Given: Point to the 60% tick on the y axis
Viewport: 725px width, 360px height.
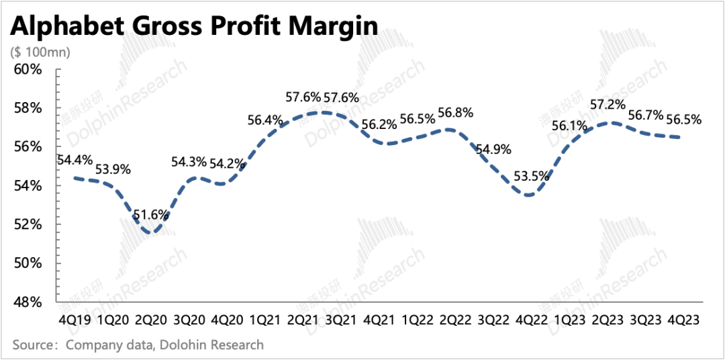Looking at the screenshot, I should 29,69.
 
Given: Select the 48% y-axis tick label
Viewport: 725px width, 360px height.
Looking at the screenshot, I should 29,302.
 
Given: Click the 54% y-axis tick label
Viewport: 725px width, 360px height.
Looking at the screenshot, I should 29,185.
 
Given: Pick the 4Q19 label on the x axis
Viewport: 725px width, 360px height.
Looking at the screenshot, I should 73,320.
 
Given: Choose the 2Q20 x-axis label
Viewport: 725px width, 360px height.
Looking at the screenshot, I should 151,320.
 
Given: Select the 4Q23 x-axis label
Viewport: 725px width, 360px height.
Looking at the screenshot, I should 683,320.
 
